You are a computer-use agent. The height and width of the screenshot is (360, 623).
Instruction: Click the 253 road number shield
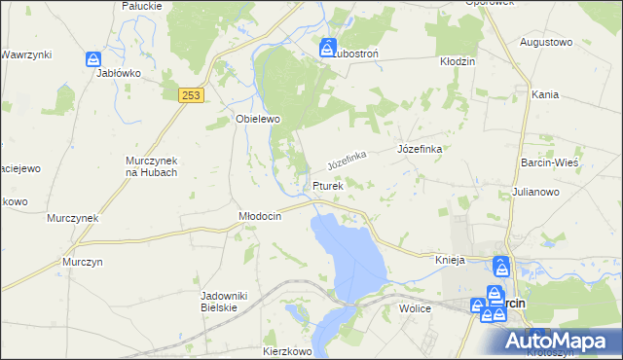pyautogui.click(x=191, y=94)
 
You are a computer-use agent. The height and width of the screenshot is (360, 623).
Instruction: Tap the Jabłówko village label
pyautogui.click(x=119, y=73)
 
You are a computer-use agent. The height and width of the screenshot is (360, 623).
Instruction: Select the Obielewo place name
pyautogui.click(x=258, y=120)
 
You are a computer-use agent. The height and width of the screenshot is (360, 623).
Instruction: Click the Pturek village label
pyautogui.click(x=328, y=186)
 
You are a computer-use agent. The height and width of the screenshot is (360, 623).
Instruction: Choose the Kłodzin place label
pyautogui.click(x=457, y=61)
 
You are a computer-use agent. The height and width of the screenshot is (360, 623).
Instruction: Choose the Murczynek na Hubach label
pyautogui.click(x=151, y=166)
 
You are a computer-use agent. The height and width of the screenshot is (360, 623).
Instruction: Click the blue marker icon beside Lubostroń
pyautogui.click(x=326, y=47)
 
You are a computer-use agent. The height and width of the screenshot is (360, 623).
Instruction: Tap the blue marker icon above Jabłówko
pyautogui.click(x=92, y=60)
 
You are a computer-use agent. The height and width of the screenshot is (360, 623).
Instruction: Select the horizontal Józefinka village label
pyautogui.click(x=421, y=149)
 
